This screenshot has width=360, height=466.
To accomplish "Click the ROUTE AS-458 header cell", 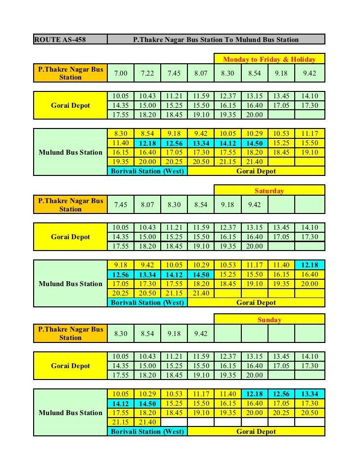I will [70, 39].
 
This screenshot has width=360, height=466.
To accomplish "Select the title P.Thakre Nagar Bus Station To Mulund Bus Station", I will [216, 39].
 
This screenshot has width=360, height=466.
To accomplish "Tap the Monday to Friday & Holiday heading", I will [270, 59].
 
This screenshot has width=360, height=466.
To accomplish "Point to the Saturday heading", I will [270, 191].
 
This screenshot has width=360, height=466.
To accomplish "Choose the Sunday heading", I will [270, 320].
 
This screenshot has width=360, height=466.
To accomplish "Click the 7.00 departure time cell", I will [121, 73].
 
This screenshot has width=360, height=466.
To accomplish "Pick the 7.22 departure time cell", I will [147, 73].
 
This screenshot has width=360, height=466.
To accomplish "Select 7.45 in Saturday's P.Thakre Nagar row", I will [121, 205].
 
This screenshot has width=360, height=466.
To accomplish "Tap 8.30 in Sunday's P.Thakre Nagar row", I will [121, 334].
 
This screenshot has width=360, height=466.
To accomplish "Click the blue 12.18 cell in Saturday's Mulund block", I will [310, 265].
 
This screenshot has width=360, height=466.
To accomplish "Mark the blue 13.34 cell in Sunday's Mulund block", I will [310, 394].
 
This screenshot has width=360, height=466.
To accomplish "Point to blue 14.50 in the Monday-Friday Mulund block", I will [255, 143].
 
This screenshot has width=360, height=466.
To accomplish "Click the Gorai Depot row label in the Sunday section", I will [70, 366].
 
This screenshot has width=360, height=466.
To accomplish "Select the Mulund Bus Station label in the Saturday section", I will [70, 284].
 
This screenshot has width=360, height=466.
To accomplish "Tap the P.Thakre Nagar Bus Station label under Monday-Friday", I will [70, 73].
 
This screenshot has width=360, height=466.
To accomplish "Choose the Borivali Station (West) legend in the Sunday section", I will [147, 431].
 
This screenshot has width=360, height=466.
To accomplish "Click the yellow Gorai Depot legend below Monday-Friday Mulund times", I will [256, 171].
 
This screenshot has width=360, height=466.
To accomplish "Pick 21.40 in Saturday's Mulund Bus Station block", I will [201, 293].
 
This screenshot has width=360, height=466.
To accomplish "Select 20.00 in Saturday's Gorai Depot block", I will [255, 246].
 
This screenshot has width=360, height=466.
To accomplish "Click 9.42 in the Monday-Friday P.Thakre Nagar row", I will [310, 73].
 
